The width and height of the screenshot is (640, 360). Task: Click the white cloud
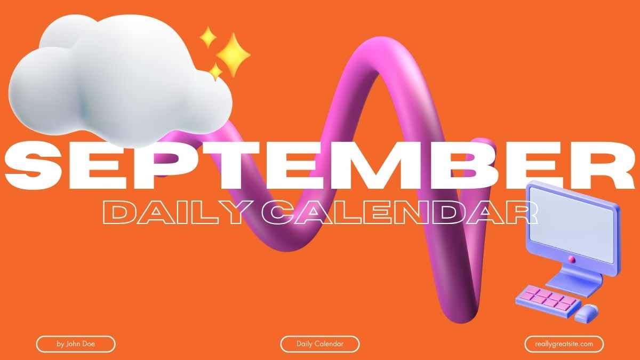[120, 80]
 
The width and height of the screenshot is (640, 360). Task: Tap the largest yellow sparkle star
[234, 54]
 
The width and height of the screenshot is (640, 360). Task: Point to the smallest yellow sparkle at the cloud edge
[215, 71]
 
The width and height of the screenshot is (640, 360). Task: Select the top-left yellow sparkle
[208, 37]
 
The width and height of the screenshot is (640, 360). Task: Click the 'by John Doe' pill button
[76, 344]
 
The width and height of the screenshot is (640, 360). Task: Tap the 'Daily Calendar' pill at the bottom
[319, 344]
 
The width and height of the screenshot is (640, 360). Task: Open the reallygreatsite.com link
[564, 344]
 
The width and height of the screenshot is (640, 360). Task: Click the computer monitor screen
[571, 225]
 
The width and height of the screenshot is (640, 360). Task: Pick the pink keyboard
[548, 300]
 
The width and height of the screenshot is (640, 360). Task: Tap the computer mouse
[586, 313]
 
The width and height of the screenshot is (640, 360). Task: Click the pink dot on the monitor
[572, 259]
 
